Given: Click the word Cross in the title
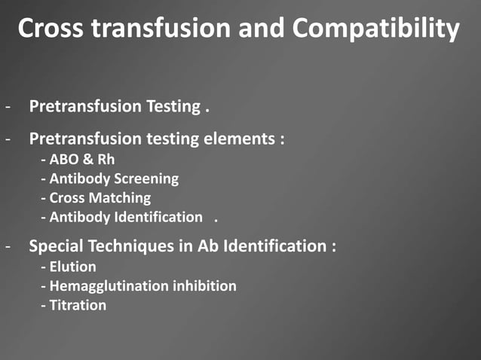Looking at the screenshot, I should coord(48,29).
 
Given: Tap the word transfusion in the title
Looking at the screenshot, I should coord(158,29).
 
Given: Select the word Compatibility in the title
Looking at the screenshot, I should coord(375,29).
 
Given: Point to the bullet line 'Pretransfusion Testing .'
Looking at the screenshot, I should coord(118,106).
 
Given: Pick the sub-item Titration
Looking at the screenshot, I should coord(75,305).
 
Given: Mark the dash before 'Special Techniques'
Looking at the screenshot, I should coord(8,246).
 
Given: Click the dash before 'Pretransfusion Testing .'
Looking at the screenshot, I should coord(8,106).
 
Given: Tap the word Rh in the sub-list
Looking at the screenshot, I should coord(106,160).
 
